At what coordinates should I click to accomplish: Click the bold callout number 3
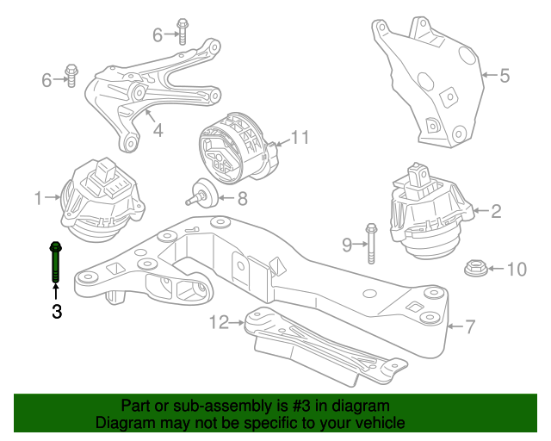57,312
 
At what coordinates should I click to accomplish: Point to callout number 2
496,209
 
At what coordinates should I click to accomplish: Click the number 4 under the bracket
158,131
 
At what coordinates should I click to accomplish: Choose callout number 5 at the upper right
505,76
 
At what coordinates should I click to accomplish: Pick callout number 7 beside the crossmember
470,326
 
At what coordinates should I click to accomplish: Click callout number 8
242,199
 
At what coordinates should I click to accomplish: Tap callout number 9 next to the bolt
348,245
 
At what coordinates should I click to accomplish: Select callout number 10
515,270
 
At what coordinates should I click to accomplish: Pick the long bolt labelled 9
371,243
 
